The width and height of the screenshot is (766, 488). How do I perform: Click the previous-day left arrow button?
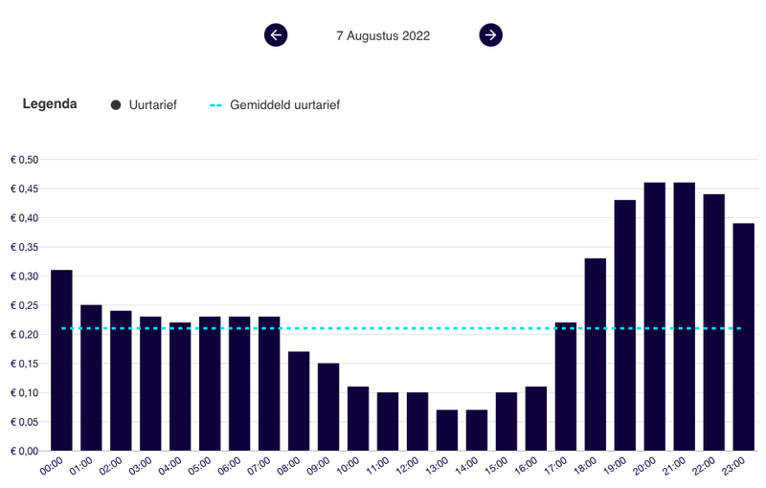pyautogui.click(x=276, y=35)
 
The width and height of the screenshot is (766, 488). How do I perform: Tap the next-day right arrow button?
pyautogui.click(x=490, y=35)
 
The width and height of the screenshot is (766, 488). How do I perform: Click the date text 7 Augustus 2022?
pyautogui.click(x=383, y=36)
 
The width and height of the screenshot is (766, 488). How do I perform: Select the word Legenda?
pyautogui.click(x=50, y=104)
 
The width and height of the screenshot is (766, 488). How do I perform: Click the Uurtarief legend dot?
pyautogui.click(x=116, y=105)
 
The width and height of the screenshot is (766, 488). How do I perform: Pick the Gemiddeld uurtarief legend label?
pyautogui.click(x=284, y=105)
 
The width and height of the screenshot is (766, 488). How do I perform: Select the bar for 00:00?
pyautogui.click(x=61, y=361)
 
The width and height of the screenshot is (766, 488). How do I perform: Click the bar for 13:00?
pyautogui.click(x=447, y=431)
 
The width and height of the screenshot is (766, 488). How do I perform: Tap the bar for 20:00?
pyautogui.click(x=655, y=317)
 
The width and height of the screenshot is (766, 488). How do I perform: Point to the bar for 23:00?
pyautogui.click(x=744, y=337)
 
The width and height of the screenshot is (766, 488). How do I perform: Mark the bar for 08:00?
pyautogui.click(x=299, y=401)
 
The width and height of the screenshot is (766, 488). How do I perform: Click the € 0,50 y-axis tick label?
pyautogui.click(x=24, y=160)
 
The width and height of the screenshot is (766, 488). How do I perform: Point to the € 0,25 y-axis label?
pyautogui.click(x=24, y=305)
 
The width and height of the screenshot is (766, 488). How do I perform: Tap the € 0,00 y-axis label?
pyautogui.click(x=24, y=451)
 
